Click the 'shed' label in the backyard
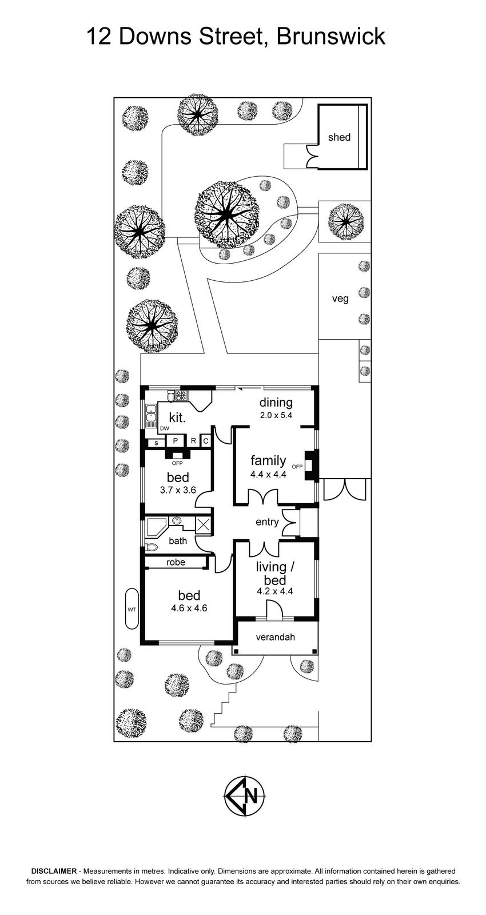tap(339, 137)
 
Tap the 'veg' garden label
tap(340, 299)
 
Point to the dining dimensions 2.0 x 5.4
tap(276, 415)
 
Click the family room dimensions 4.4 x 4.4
tap(268, 474)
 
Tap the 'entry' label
tap(267, 522)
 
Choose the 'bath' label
tap(178, 540)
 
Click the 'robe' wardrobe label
tap(176, 562)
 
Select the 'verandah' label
tap(275, 636)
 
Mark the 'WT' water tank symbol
tap(132, 609)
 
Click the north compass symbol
tap(244, 795)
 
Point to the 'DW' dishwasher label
tap(165, 428)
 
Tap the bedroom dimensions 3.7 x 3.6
tap(178, 490)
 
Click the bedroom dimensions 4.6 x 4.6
tap(189, 608)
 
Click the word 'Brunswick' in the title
tap(330, 37)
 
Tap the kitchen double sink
tap(150, 413)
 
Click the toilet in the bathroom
tap(152, 547)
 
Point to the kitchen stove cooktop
tap(182, 395)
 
